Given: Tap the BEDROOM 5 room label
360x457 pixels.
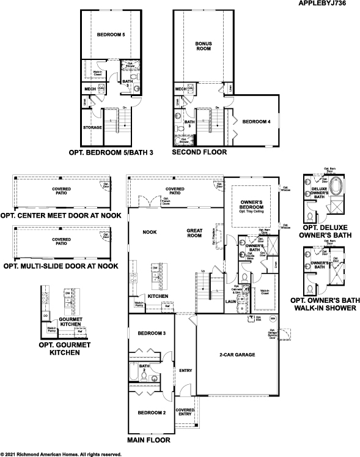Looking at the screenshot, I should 111,35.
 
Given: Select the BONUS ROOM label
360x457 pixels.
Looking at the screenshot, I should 204,46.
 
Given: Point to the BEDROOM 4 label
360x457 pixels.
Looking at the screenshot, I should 256,122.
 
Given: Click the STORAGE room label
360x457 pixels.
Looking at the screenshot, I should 92,128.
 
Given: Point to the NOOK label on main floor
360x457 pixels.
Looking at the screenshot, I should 150,232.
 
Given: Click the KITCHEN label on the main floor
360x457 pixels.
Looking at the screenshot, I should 158,295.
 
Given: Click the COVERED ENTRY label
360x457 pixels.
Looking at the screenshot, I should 185,412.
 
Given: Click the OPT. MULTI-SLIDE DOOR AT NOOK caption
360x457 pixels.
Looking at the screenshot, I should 61,266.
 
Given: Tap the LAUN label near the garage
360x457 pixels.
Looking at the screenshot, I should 230,301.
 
